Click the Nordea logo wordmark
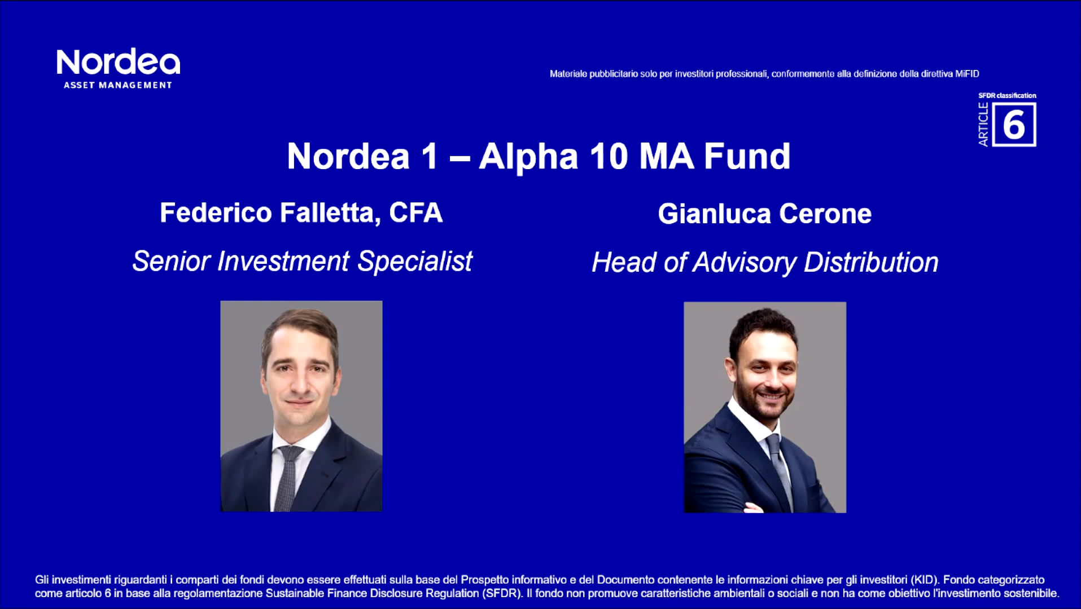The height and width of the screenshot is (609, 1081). [118, 62]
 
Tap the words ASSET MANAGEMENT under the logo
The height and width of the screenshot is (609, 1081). [117, 85]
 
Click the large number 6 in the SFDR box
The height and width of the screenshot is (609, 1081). [1014, 125]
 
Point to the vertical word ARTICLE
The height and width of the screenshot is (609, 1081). [983, 125]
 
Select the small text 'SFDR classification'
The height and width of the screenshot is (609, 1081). [1007, 95]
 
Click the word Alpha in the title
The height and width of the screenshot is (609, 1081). [528, 156]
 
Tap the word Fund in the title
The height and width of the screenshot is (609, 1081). [747, 156]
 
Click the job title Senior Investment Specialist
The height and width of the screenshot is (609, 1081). [302, 262]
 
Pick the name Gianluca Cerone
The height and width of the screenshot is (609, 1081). [764, 214]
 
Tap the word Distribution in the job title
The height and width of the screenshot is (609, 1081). [871, 263]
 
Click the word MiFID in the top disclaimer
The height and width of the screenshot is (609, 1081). [967, 74]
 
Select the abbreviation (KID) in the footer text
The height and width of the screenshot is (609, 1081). [924, 580]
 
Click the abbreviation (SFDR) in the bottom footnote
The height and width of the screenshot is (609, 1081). [502, 593]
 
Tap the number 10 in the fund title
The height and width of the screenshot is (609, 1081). [609, 156]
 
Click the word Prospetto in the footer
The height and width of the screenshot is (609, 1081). [485, 580]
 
